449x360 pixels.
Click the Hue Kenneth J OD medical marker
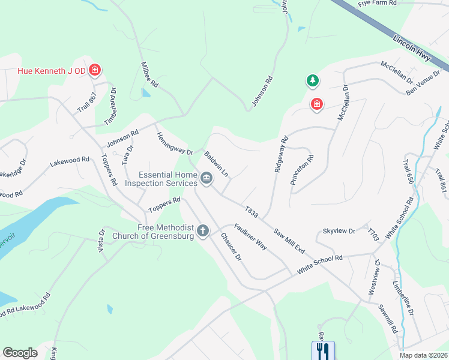[x=94, y=71]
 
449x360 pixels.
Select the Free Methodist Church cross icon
[x=203, y=230]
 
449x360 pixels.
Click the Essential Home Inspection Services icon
[x=206, y=178]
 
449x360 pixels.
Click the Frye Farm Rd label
[x=378, y=4]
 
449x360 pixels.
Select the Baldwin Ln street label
[x=216, y=164]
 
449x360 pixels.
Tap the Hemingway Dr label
[x=174, y=144]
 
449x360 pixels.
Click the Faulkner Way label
[x=250, y=236]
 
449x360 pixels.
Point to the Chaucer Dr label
[x=230, y=247]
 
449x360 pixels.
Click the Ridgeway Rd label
[x=280, y=155]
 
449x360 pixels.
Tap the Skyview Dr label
[x=339, y=230]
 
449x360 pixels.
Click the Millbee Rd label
[x=148, y=74]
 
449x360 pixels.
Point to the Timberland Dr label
[x=110, y=107]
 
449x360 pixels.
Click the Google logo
[x=20, y=353]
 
